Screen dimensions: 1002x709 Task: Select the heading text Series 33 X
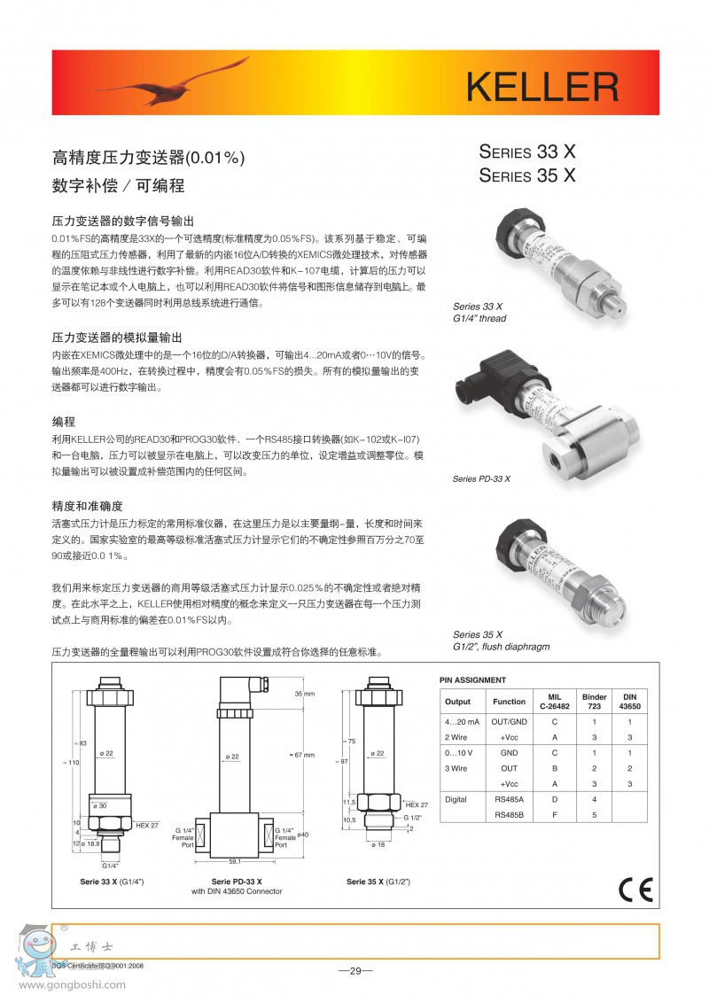(x=527, y=151)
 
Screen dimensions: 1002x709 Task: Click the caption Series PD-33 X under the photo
(x=481, y=478)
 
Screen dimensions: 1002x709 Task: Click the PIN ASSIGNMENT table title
(x=473, y=680)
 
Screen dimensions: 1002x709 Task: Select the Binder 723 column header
(x=594, y=702)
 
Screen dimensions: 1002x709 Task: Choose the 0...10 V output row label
(x=461, y=753)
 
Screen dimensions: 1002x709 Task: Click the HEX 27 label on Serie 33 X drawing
(x=147, y=825)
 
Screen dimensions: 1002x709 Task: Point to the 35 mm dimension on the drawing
(x=305, y=694)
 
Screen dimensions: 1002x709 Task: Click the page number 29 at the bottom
(x=355, y=971)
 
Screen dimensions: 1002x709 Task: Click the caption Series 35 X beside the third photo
(x=478, y=634)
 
